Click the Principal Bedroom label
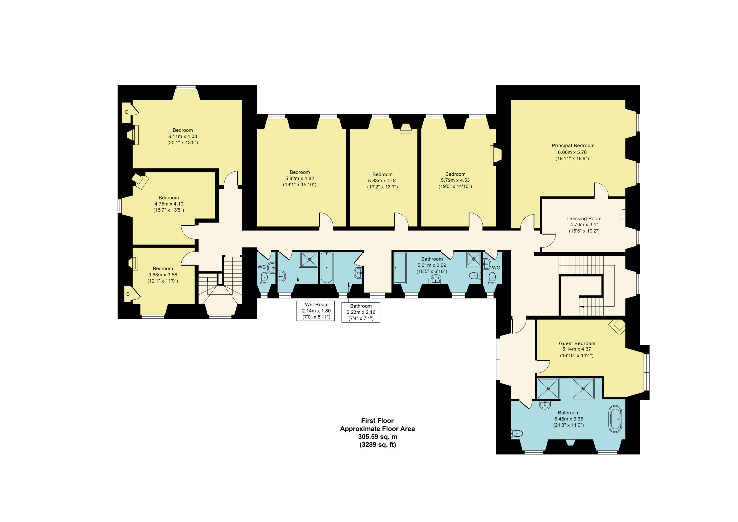click(x=573, y=146)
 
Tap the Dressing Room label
click(x=584, y=219)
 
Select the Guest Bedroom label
click(x=577, y=343)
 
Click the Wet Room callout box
click(x=315, y=311)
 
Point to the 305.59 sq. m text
click(x=378, y=437)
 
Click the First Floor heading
click(x=377, y=421)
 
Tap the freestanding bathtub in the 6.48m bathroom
click(x=615, y=419)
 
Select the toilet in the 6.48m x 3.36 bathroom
click(x=517, y=433)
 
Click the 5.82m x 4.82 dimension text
click(x=300, y=179)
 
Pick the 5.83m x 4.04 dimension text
click(x=383, y=181)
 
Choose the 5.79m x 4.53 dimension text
click(x=455, y=181)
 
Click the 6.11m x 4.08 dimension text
click(x=182, y=136)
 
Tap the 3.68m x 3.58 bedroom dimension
click(x=163, y=275)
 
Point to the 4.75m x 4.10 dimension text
click(x=169, y=204)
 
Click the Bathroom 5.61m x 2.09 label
click(x=432, y=265)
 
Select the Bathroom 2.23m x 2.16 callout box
click(x=361, y=312)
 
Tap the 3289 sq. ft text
click(x=378, y=445)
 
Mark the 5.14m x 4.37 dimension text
click(x=577, y=349)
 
